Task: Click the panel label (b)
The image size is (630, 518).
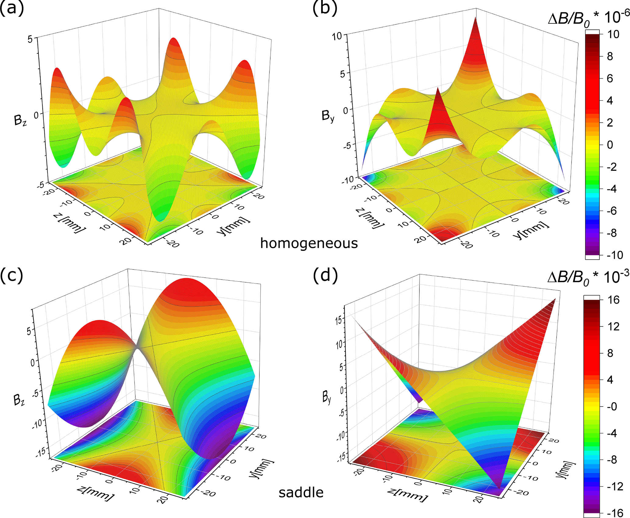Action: (x=325, y=8)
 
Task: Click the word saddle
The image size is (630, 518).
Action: (x=301, y=492)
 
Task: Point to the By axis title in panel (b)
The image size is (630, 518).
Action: (x=328, y=116)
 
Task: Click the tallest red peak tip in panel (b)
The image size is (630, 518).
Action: (x=475, y=18)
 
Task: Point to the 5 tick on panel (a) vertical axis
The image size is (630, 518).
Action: (x=30, y=39)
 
